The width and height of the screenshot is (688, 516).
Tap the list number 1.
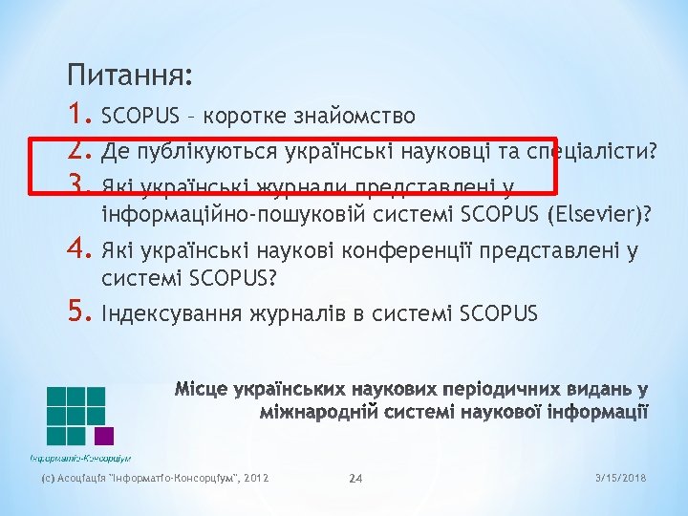click(79, 116)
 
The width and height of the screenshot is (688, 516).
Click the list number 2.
click(79, 150)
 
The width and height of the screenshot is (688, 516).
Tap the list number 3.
click(79, 184)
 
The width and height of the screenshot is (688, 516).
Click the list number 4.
click(79, 251)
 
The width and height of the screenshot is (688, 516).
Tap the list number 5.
click(79, 313)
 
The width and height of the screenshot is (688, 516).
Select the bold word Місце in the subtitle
click(202, 390)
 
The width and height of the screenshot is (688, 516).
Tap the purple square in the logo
click(104, 436)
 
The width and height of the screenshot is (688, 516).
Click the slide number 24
click(355, 478)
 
